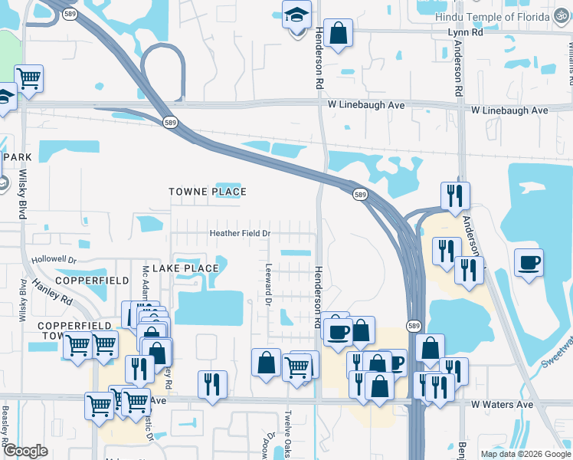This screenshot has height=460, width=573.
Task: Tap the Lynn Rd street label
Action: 465,33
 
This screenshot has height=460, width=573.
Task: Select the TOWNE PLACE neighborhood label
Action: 208,192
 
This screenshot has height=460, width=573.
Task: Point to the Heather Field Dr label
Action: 241,233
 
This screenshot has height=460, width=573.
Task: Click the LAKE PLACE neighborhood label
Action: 185,268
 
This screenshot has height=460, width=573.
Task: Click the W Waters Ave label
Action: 502,404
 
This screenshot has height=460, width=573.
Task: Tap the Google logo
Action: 25,451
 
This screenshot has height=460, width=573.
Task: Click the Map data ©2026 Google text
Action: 526,454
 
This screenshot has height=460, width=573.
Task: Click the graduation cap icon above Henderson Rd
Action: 295,15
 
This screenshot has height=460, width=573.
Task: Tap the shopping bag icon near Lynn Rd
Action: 338,33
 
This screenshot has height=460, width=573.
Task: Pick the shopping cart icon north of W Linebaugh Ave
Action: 28,78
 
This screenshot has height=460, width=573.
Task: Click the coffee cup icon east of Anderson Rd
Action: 529,262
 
